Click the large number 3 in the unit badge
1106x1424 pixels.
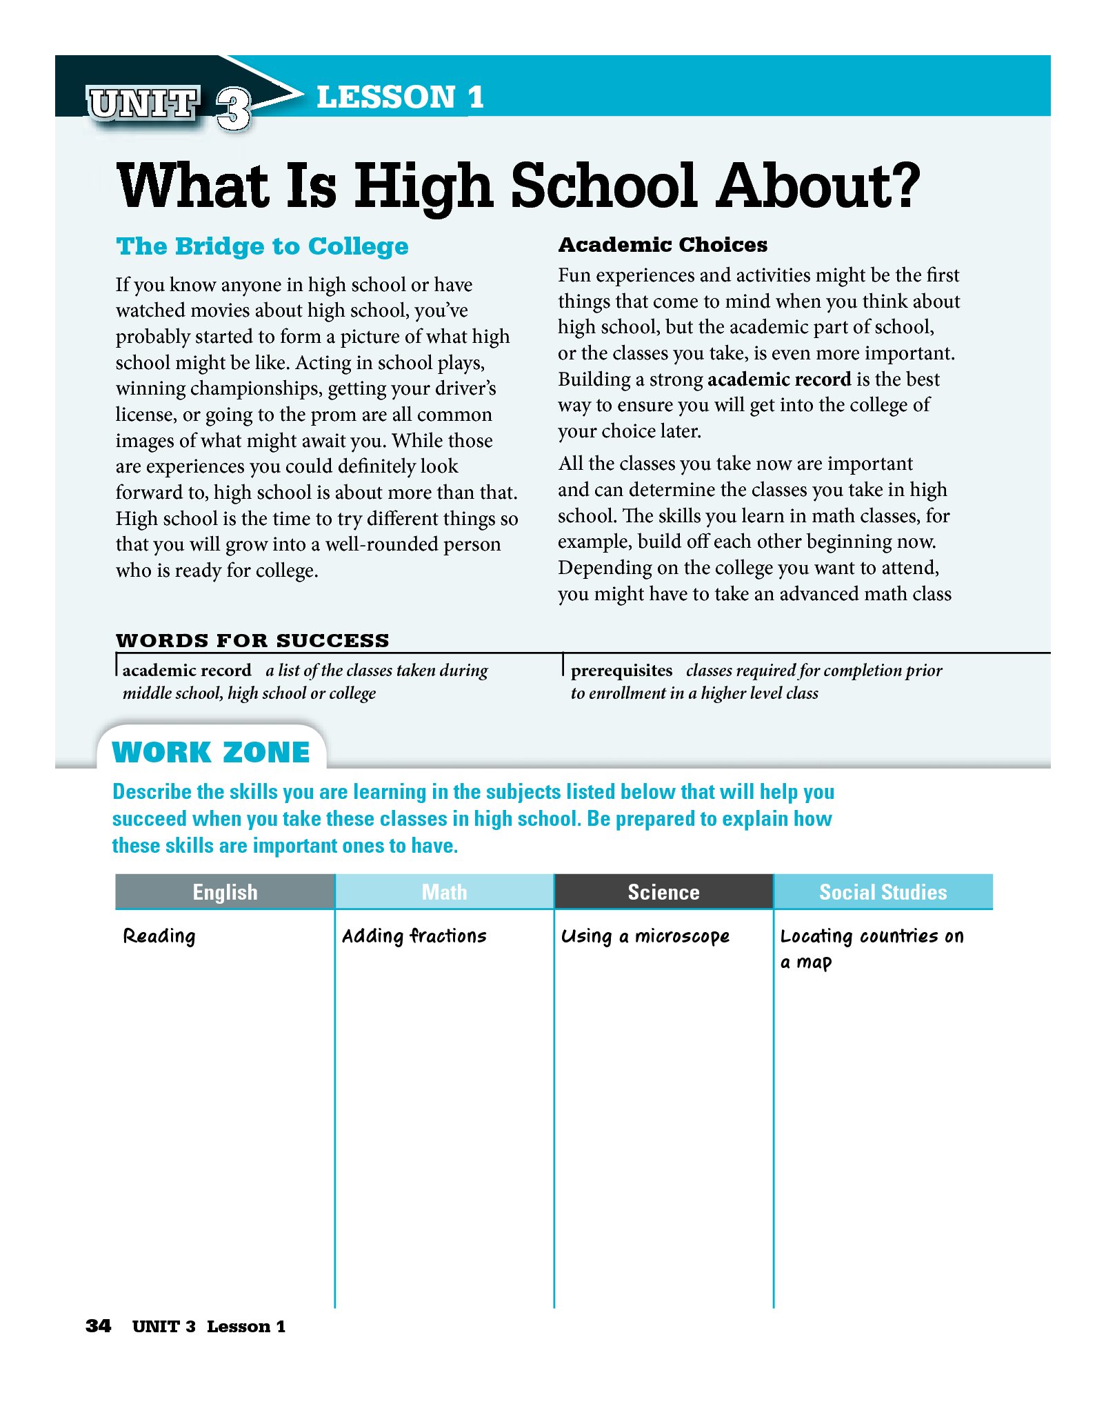233,109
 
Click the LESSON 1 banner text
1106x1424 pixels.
399,97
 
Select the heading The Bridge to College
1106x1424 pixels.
262,246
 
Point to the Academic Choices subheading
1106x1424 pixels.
662,245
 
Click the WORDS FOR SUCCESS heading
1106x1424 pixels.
252,640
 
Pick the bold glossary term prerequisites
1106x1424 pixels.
621,671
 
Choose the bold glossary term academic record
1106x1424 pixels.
187,671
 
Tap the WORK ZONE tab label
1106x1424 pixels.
211,752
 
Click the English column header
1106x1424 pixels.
225,892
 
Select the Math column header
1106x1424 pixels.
444,892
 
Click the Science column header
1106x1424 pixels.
663,892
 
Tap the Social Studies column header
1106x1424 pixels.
883,892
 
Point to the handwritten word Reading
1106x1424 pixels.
159,936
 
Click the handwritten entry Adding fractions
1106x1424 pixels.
414,936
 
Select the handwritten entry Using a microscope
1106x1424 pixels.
645,936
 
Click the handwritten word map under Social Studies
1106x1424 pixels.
814,963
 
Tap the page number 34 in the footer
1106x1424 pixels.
98,1326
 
